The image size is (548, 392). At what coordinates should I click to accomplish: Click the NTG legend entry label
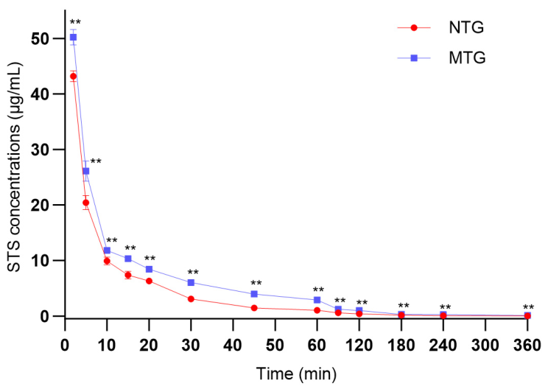pos(466,27)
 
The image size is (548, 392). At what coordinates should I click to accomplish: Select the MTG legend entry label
pos(467,57)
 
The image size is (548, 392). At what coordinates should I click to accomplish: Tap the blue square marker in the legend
pos(414,57)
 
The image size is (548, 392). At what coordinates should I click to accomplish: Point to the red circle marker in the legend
pos(414,27)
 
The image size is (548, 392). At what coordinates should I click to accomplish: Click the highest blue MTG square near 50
pos(73,37)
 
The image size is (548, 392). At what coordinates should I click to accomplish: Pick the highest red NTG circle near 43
pos(73,76)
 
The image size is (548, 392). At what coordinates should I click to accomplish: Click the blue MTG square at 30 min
pos(191,282)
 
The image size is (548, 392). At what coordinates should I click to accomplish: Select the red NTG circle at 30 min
pos(191,299)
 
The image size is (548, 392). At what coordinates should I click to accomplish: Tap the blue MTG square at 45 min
pos(254,294)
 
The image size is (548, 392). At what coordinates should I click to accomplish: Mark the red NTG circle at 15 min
pos(128,275)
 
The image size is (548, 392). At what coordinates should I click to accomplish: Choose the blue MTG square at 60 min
pos(317,300)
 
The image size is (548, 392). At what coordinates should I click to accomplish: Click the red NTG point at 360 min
pos(527,316)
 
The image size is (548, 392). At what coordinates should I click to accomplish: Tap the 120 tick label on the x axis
pos(359,346)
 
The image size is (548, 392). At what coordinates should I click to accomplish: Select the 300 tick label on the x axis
pos(485,346)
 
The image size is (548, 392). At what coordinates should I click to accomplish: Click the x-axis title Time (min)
pos(296,374)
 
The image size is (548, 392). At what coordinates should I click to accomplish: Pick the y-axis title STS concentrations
pos(15,167)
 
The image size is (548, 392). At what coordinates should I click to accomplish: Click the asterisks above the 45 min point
pos(256,282)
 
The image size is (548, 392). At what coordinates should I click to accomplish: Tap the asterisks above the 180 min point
pos(404,305)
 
